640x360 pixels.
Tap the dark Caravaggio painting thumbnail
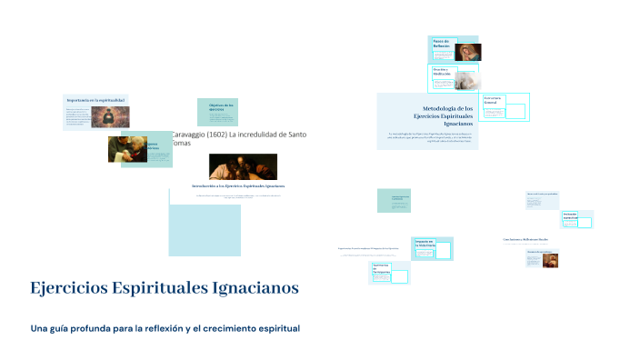click(x=243, y=165)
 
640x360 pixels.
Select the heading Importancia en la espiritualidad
click(x=95, y=98)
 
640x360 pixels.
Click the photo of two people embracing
click(x=126, y=148)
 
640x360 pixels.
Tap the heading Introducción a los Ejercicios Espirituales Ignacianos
click(x=238, y=185)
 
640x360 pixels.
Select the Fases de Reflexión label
click(x=441, y=43)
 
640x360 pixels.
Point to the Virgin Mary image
click(x=468, y=52)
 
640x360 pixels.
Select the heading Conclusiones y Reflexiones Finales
click(x=525, y=240)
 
